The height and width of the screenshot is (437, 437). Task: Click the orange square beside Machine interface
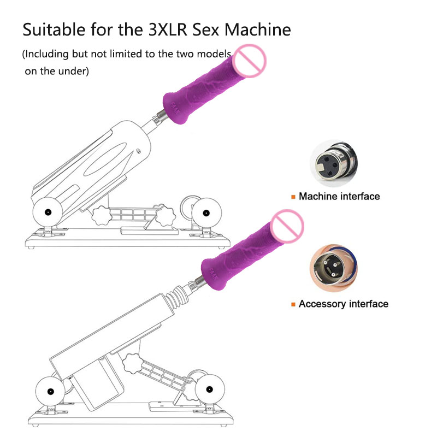[293, 197]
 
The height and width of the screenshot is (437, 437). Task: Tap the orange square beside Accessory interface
[293, 304]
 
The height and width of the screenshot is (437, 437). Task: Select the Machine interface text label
[339, 196]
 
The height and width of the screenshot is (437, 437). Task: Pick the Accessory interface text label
[344, 304]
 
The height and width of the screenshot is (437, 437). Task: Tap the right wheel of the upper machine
[207, 212]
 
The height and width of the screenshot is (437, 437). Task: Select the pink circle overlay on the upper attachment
[249, 61]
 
